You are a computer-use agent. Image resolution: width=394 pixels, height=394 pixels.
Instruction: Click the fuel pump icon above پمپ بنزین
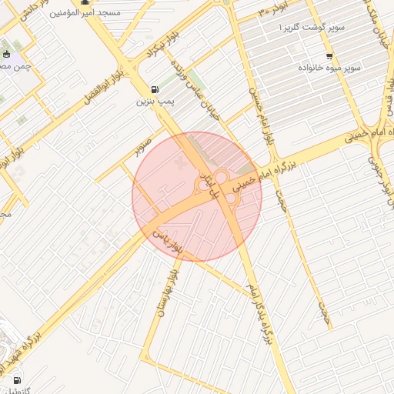pos(157,88)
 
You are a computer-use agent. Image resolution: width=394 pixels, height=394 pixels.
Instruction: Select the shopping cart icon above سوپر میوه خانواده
pos(329,55)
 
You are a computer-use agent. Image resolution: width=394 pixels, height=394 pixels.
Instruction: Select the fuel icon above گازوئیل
pos(16,379)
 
